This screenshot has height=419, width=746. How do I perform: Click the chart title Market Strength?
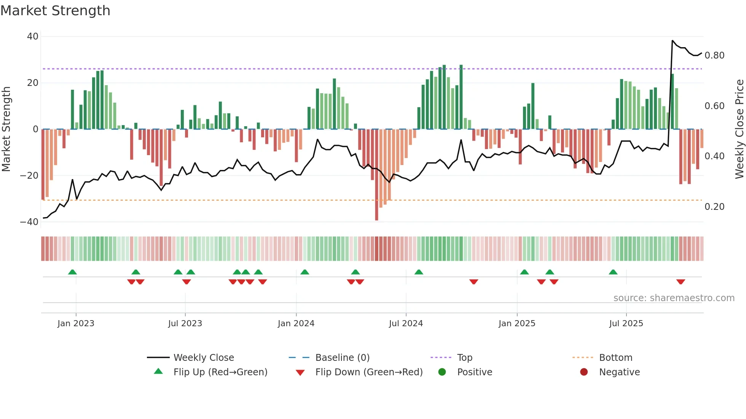point(55,11)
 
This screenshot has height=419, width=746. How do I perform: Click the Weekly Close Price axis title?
point(739,129)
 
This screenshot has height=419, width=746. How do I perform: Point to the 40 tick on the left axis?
point(33,37)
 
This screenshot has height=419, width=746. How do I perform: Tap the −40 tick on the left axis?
point(29,222)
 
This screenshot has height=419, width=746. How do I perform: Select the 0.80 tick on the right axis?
point(714,56)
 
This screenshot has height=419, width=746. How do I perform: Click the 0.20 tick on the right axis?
point(714,207)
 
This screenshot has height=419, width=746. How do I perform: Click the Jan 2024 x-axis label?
point(296,324)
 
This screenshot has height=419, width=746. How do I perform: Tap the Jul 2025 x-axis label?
point(626,324)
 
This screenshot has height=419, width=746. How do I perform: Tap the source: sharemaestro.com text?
point(674,298)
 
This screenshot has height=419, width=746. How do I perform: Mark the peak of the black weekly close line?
point(673,41)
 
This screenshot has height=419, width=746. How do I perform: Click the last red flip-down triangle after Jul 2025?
point(681,282)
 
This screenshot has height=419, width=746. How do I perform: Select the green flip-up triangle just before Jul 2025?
point(613,272)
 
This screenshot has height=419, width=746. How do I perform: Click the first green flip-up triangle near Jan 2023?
point(72,272)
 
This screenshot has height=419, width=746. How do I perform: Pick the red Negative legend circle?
point(584,372)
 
